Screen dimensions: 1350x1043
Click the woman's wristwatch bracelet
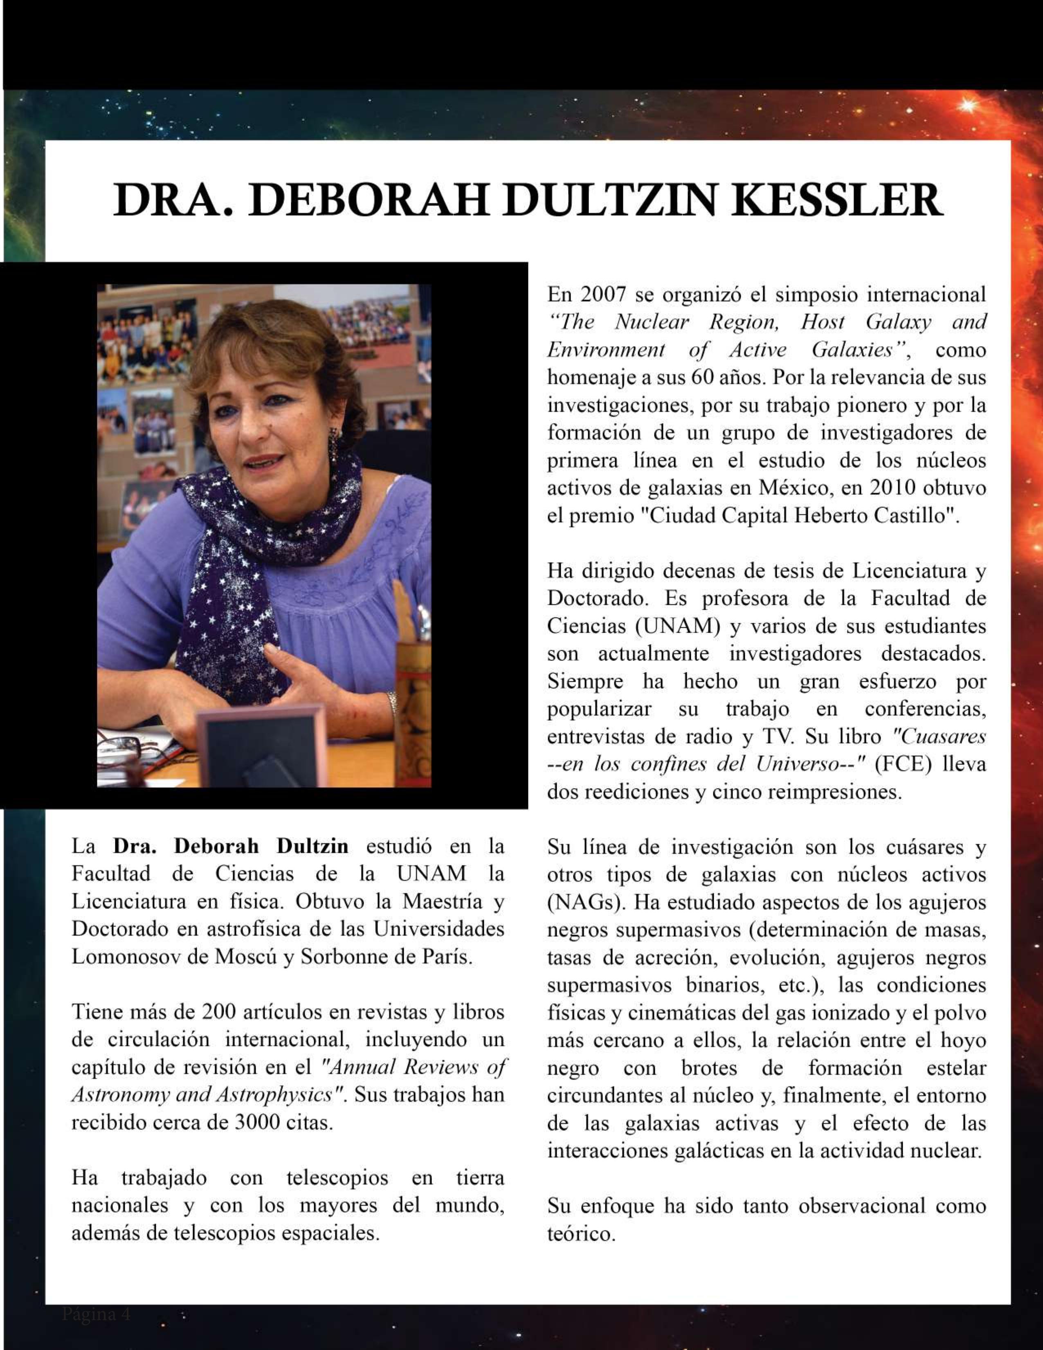(x=391, y=703)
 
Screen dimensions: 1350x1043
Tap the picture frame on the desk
(x=260, y=748)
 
